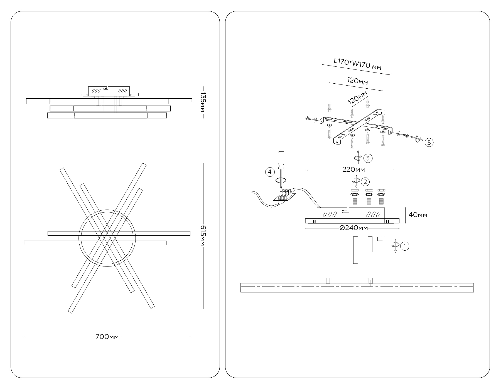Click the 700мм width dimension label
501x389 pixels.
[107, 337]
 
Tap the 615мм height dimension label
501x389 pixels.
[203, 236]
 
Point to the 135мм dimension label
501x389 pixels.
[203, 102]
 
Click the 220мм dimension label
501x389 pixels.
[353, 169]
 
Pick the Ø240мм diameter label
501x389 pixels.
[354, 228]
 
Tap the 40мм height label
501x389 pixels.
[418, 215]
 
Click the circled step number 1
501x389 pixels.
[405, 246]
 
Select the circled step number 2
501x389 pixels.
[365, 182]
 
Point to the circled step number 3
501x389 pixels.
[368, 158]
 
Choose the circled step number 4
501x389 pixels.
[269, 172]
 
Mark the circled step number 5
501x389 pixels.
[429, 143]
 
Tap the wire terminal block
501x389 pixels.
[367, 194]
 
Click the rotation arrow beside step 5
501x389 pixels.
[418, 139]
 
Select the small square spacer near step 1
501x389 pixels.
[380, 238]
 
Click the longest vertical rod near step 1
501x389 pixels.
[355, 250]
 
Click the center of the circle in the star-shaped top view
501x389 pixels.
[107, 238]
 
